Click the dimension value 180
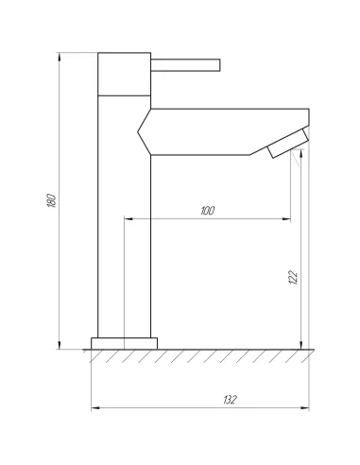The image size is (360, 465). point(52,200)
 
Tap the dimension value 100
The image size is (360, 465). point(208,211)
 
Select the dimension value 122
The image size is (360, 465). point(293,277)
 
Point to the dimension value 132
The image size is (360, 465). point(230,400)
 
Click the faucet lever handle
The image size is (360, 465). point(185,65)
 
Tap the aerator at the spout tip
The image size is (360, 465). point(288,144)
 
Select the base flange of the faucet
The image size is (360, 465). point(124,343)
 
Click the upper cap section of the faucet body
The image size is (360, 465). point(124,74)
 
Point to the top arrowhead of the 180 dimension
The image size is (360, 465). point(59,57)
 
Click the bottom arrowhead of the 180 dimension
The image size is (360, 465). point(59,345)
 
